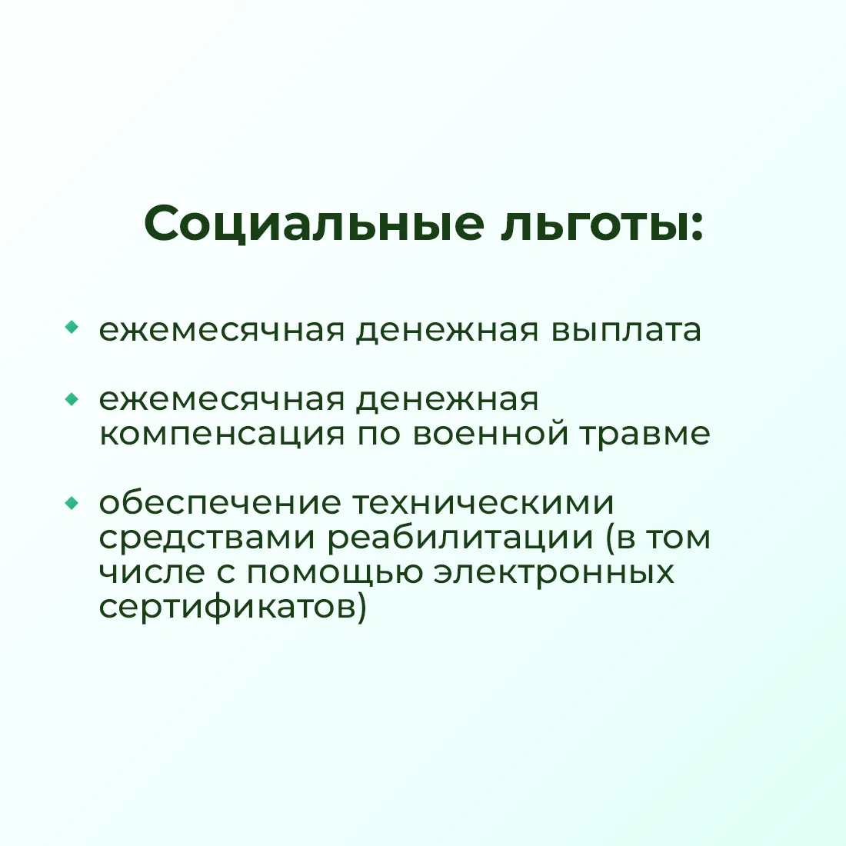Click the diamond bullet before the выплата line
point(72,327)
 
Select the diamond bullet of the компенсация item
point(72,399)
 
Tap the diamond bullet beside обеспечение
point(72,504)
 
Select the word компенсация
point(221,435)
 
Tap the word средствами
point(207,538)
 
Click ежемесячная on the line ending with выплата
point(221,331)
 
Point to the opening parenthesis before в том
point(610,538)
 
